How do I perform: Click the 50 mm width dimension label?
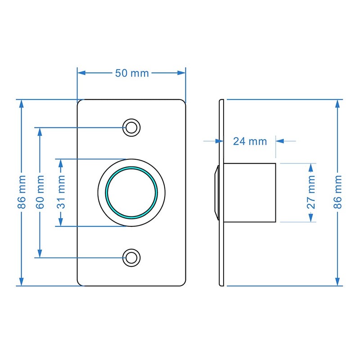pyautogui.click(x=131, y=73)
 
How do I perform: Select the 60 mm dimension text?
pyautogui.click(x=40, y=193)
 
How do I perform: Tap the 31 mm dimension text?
pyautogui.click(x=60, y=193)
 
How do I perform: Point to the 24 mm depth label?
pyautogui.click(x=250, y=141)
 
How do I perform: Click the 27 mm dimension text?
pyautogui.click(x=310, y=193)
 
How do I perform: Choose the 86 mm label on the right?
pyautogui.click(x=338, y=193)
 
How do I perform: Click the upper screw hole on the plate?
pyautogui.click(x=131, y=127)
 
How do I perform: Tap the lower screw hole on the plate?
pyautogui.click(x=131, y=257)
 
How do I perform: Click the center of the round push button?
pyautogui.click(x=131, y=193)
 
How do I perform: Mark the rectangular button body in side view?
pyautogui.click(x=249, y=192)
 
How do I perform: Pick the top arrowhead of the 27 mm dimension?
pyautogui.click(x=310, y=166)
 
